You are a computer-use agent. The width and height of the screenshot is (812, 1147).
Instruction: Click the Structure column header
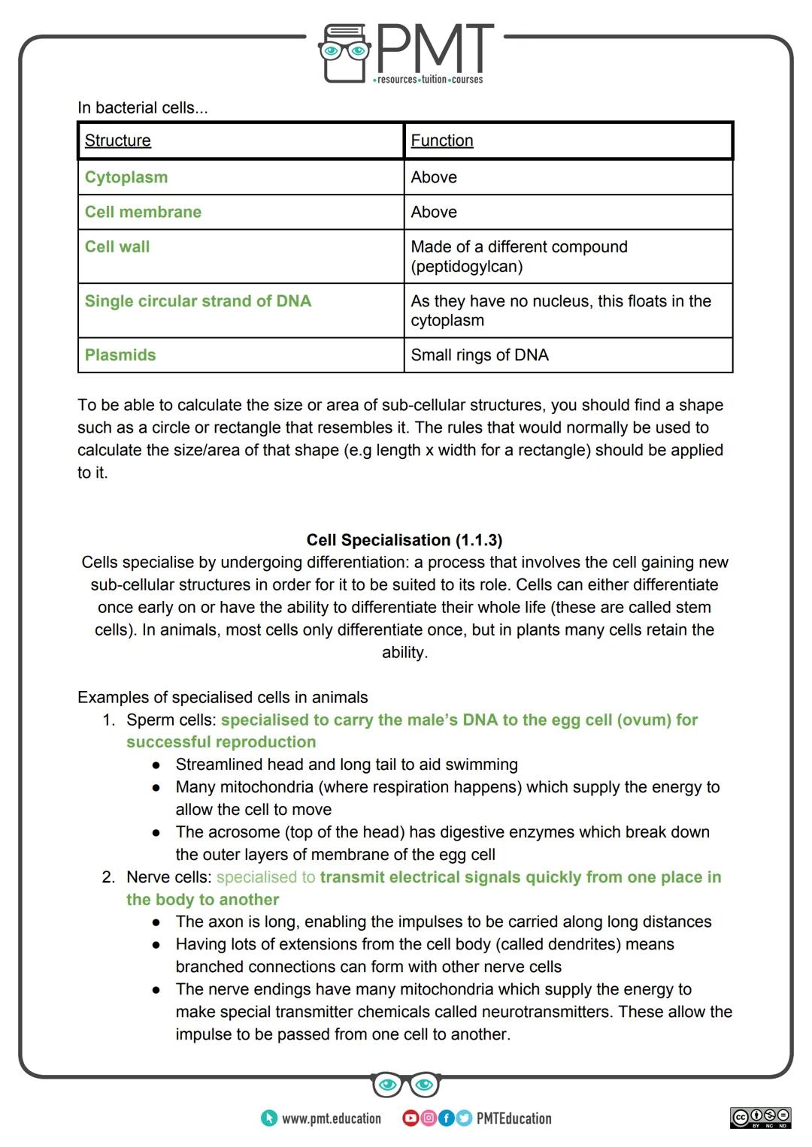[x=118, y=140]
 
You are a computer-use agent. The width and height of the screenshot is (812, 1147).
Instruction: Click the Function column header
[x=442, y=140]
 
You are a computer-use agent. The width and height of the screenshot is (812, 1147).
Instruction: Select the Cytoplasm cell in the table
[x=126, y=177]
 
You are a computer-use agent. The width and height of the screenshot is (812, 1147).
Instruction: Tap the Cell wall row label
[x=117, y=246]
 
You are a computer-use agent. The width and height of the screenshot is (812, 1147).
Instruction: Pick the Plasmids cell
[x=120, y=355]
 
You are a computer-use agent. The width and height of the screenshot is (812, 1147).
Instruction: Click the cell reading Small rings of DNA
[x=480, y=355]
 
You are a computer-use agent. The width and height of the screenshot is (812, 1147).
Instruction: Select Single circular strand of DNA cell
[x=198, y=301]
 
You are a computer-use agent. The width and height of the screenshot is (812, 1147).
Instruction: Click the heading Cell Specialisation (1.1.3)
[x=404, y=540]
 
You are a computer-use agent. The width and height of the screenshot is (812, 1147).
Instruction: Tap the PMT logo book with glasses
[x=345, y=53]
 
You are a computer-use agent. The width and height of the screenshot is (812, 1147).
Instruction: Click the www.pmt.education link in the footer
[x=331, y=1118]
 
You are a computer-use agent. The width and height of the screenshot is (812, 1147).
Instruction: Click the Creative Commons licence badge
[x=761, y=1117]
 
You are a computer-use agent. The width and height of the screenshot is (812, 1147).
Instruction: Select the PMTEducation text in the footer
[x=514, y=1118]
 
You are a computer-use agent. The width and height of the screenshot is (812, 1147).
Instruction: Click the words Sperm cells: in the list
[x=171, y=720]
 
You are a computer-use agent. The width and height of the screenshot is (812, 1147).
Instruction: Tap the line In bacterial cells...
[x=143, y=107]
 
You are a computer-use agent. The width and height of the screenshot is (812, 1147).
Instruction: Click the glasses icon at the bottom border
[x=405, y=1085]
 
